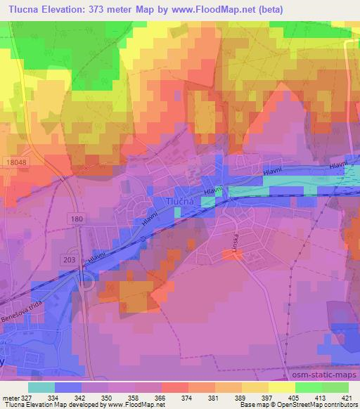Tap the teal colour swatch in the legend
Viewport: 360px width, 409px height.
pos(41,387)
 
